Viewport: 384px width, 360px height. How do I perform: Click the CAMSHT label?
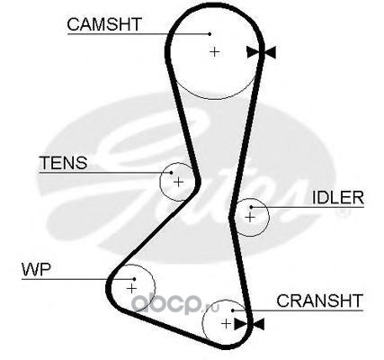(104, 24)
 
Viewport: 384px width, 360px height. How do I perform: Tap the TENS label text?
(63, 163)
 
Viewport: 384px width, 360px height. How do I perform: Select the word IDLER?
(338, 197)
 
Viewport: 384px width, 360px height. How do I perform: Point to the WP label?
(36, 269)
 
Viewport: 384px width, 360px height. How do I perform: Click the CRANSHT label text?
(319, 301)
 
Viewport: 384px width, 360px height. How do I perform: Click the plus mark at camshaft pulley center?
(214, 52)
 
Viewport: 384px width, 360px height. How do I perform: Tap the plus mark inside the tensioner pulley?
(178, 182)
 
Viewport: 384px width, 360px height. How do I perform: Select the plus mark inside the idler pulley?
(249, 217)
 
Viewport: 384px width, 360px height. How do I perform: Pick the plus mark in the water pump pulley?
(131, 288)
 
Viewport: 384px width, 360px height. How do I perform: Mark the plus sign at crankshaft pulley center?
(226, 323)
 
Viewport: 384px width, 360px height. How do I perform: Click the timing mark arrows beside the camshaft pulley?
(261, 52)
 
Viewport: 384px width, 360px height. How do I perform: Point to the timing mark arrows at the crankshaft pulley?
(249, 324)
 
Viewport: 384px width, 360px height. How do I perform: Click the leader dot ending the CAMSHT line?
(210, 34)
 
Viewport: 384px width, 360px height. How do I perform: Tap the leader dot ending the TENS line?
(171, 173)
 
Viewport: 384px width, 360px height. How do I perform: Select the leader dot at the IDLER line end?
(251, 207)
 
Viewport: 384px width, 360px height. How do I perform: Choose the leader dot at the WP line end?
(135, 279)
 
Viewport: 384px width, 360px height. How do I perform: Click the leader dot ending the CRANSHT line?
(233, 310)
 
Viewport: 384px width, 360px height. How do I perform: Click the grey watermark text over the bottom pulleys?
(175, 304)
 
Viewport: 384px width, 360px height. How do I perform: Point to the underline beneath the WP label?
(78, 279)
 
